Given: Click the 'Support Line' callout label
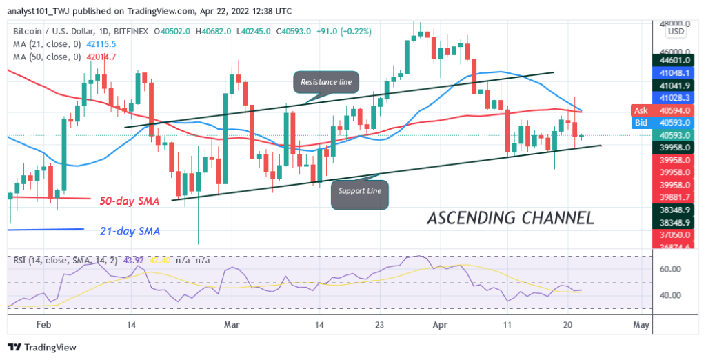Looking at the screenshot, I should click(360, 190).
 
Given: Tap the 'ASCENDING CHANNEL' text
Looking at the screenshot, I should click(510, 219).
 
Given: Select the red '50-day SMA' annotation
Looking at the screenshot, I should click(128, 201).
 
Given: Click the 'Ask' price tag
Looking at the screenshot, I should click(641, 110).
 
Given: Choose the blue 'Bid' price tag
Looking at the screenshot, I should click(641, 122).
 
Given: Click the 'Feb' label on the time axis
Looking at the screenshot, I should click(43, 323).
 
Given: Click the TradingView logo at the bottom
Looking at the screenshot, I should click(43, 347).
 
